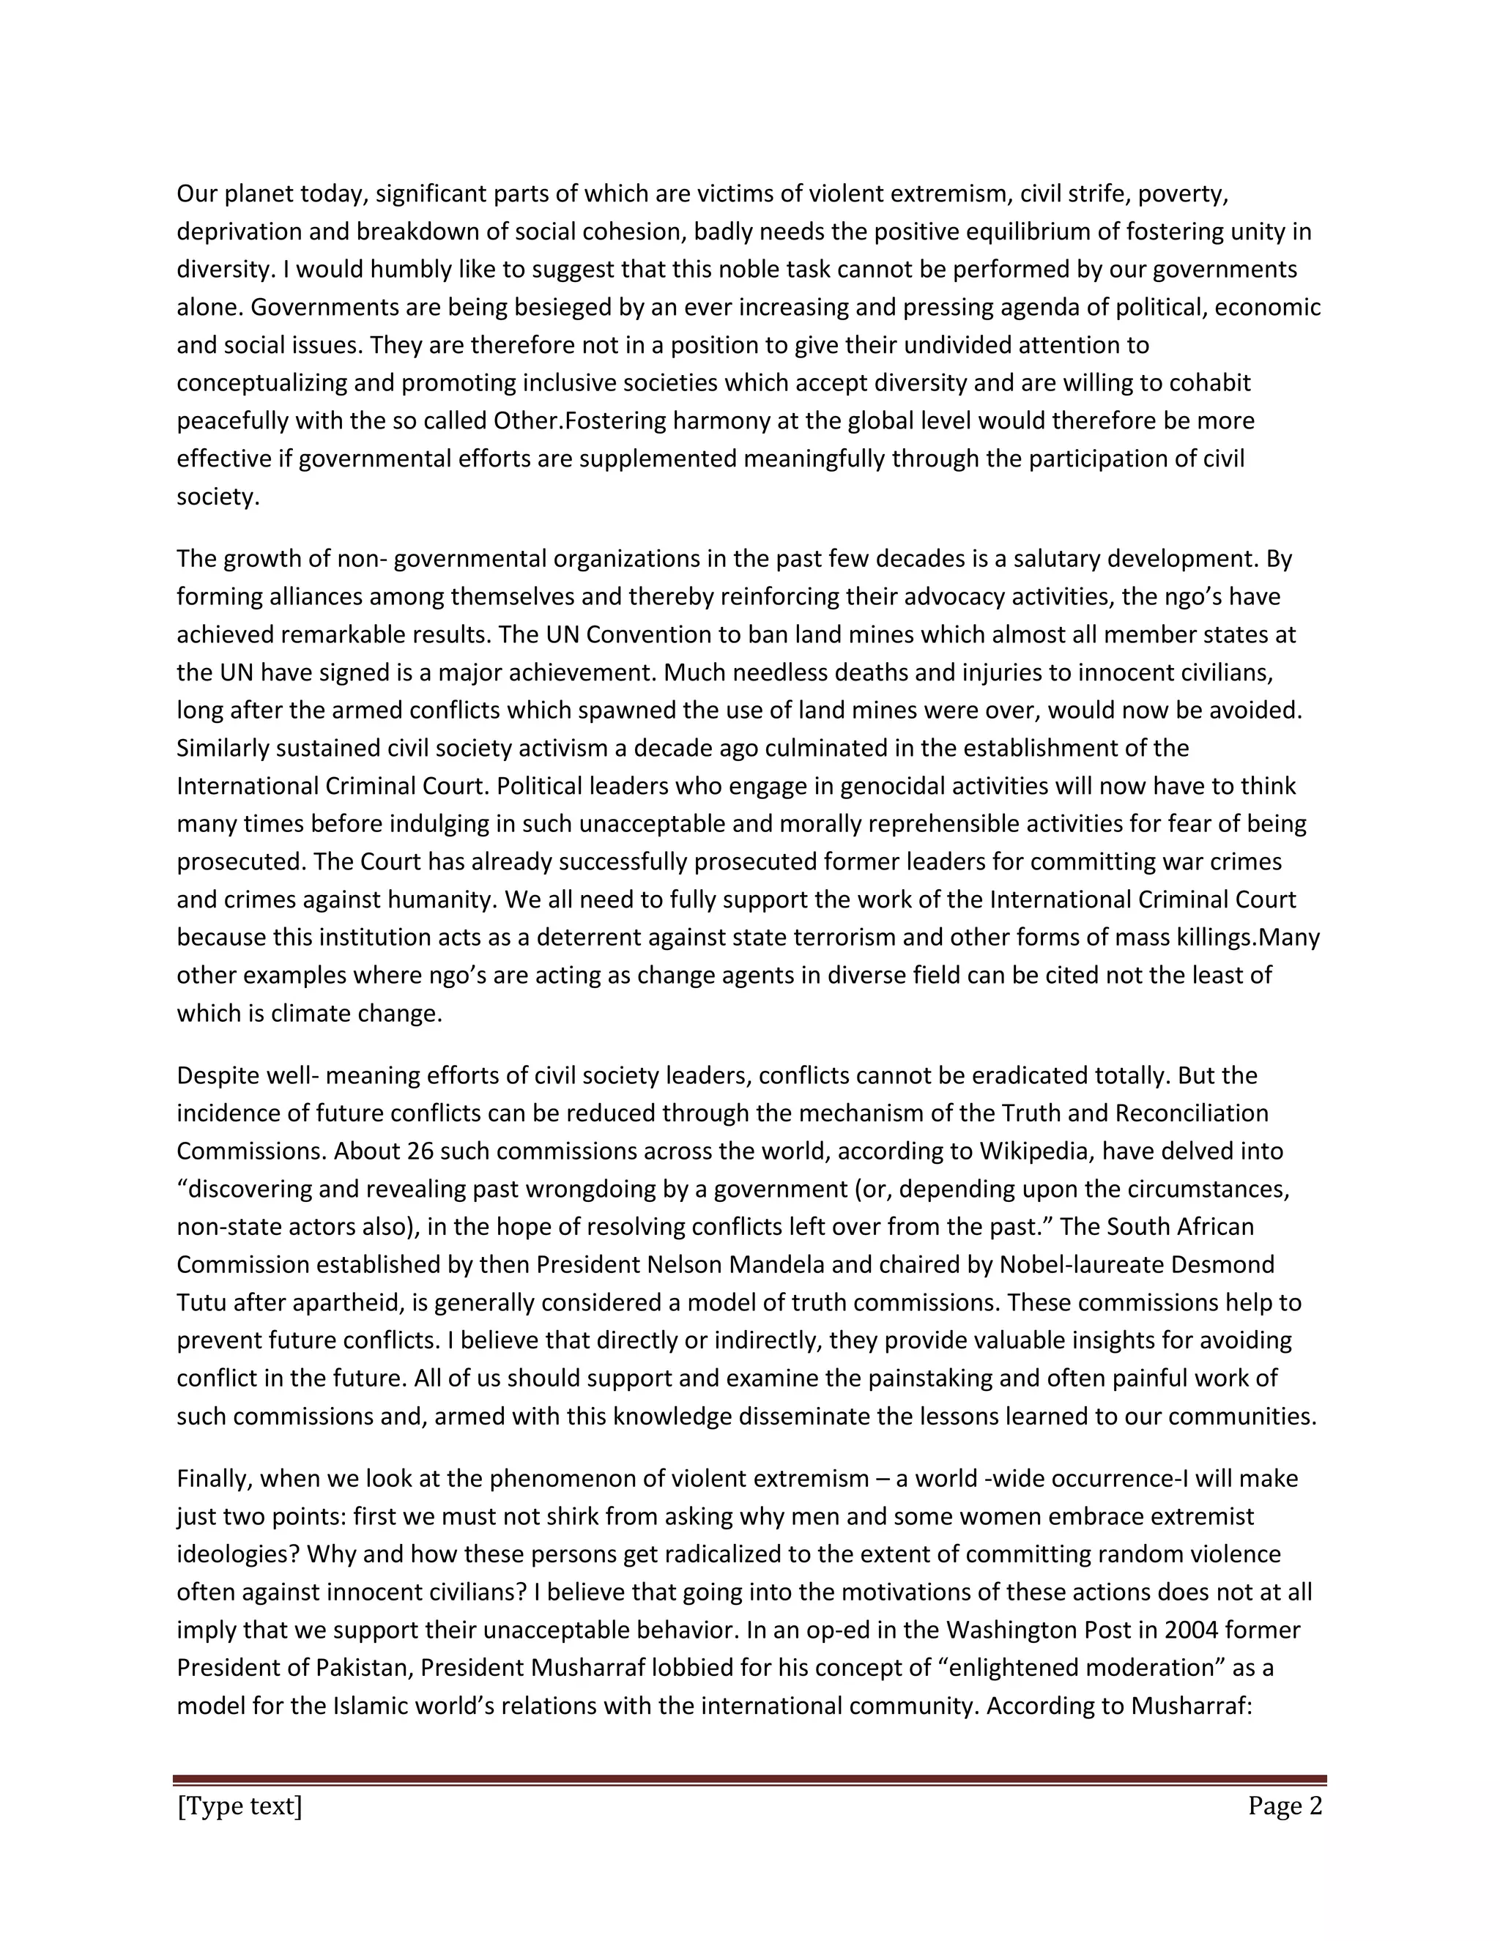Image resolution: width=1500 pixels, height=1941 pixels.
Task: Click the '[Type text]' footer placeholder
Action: click(x=240, y=1807)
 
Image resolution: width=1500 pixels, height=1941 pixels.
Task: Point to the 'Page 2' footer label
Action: click(x=1285, y=1807)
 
